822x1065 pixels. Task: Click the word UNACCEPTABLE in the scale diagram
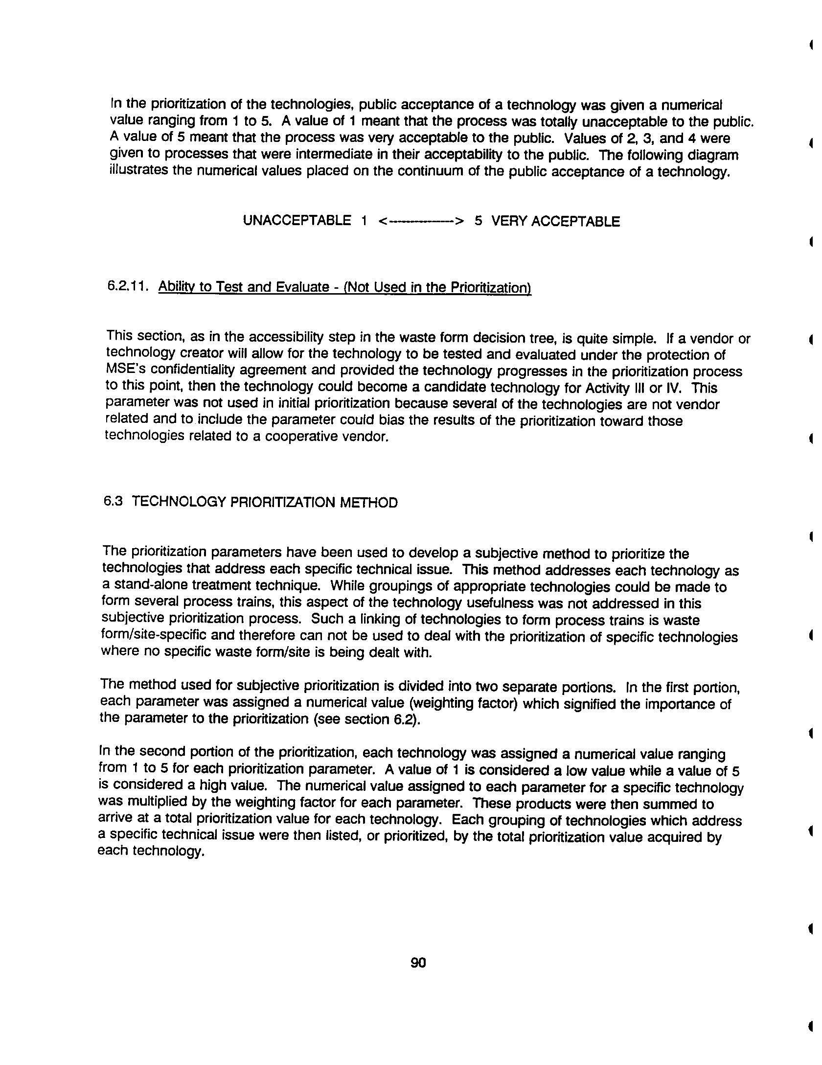[297, 221]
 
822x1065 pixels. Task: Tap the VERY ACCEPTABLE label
[555, 222]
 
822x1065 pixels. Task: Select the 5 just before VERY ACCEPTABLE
[478, 221]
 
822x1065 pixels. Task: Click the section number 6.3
[113, 502]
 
